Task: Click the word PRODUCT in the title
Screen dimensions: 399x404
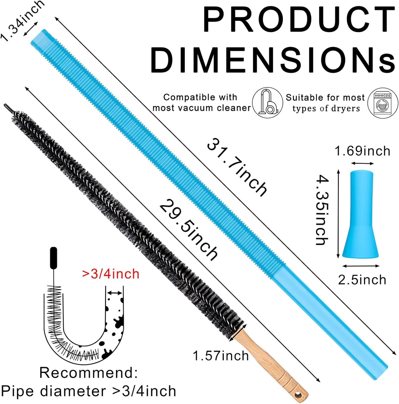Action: [298, 20]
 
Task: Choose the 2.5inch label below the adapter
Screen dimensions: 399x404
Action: [362, 280]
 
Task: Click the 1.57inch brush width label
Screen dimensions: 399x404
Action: [221, 356]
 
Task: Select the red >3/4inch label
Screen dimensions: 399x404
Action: [111, 274]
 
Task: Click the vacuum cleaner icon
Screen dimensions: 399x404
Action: [267, 103]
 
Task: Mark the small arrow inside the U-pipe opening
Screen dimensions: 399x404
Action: [114, 293]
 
